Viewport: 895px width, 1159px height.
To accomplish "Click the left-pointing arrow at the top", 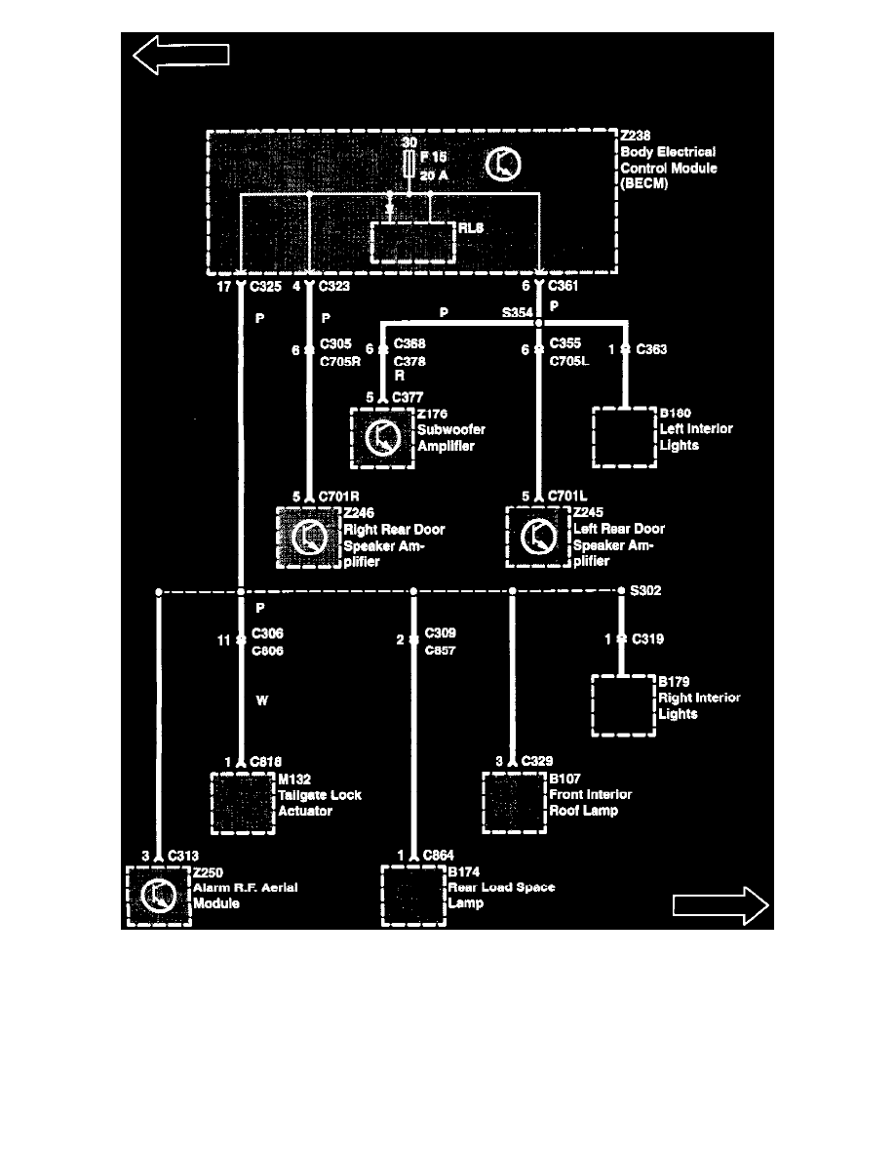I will click(x=180, y=55).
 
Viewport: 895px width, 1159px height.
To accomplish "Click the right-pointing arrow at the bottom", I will click(x=720, y=905).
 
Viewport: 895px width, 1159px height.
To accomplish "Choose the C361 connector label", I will click(x=564, y=287).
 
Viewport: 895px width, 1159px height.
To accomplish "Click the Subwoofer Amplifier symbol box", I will click(x=382, y=439).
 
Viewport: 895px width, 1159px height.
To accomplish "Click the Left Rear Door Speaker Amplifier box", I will click(x=537, y=538).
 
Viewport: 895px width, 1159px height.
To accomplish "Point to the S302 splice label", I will click(x=645, y=591).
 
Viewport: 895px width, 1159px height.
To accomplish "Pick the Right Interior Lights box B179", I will click(x=621, y=705).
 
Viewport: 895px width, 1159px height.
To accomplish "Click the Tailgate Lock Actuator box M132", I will click(x=242, y=803).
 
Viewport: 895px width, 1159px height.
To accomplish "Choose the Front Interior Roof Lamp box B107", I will click(x=513, y=803).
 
